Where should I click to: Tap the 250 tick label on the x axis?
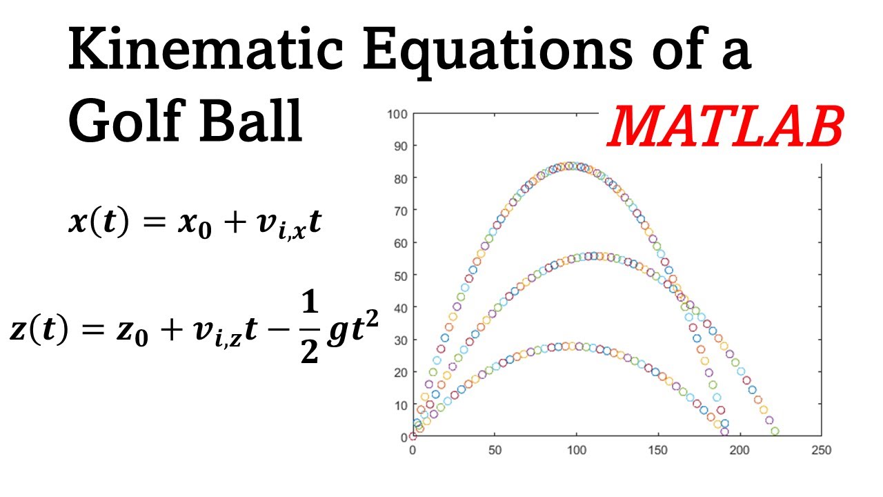[x=821, y=450]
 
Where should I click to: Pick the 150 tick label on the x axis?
[x=657, y=450]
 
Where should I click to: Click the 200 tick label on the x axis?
[x=740, y=450]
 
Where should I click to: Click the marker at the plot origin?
[x=413, y=436]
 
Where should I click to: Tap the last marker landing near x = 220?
[x=775, y=431]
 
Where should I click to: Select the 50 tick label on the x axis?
[x=495, y=450]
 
